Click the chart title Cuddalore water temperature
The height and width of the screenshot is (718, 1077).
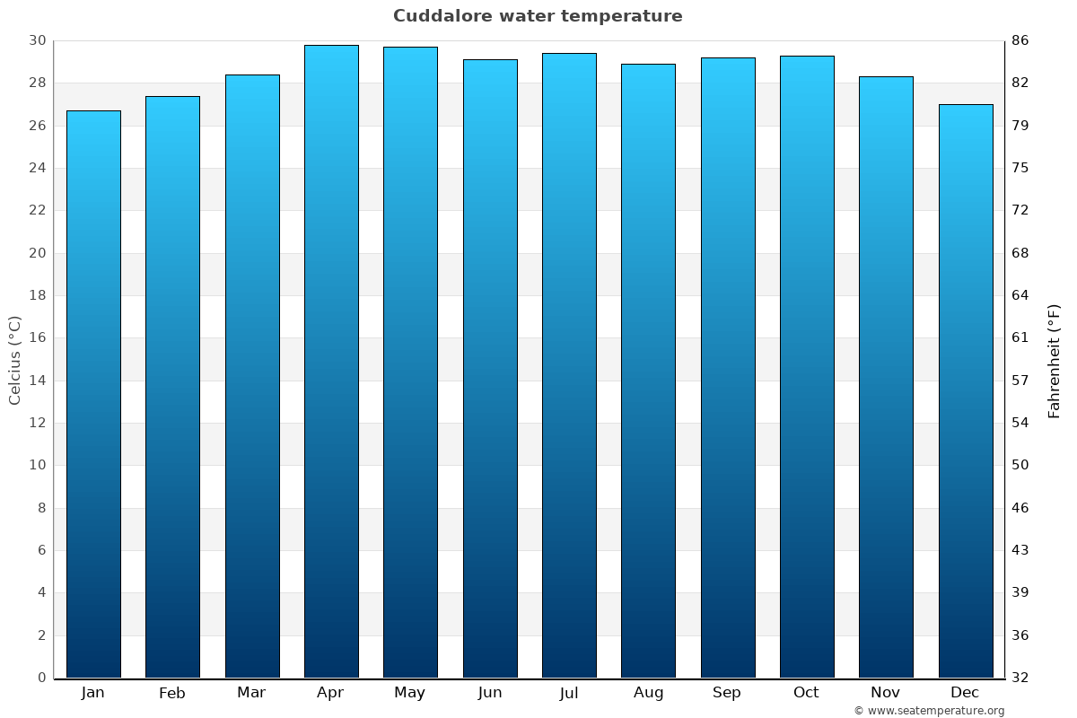pos(538,16)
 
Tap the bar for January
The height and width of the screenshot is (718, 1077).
pos(93,394)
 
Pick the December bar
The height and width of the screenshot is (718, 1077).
pos(966,390)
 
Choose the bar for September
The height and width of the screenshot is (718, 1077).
pos(728,367)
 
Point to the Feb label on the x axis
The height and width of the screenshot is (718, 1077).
pos(172,693)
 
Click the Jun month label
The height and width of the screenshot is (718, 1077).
pos(490,693)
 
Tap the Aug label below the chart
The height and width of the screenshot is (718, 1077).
pos(648,693)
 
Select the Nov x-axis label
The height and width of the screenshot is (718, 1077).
pos(886,693)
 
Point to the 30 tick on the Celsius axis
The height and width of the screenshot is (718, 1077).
pos(37,40)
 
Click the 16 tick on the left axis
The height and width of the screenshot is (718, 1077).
pos(37,337)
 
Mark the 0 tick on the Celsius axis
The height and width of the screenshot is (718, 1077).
pos(41,678)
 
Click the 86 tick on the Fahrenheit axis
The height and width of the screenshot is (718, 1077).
pos(1020,40)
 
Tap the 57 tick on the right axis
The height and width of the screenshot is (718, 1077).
pos(1020,380)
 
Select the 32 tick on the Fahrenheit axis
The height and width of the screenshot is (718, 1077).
pos(1020,678)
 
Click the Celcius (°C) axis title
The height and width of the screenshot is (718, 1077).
pos(14,360)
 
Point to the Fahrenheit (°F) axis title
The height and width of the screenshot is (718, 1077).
pos(1055,360)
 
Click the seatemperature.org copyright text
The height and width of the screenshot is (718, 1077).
pos(929,711)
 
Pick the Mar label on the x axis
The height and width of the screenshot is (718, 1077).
pos(251,693)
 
